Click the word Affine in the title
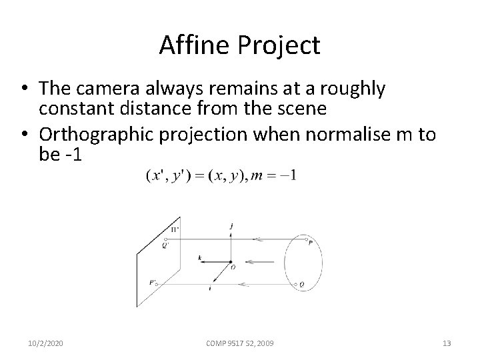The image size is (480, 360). click(189, 45)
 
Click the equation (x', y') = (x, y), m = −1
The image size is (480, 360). click(221, 176)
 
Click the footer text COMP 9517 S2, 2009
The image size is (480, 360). click(241, 343)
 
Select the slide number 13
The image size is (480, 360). click(447, 343)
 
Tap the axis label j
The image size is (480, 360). click(230, 227)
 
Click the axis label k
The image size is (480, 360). click(199, 257)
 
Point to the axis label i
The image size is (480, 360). click(211, 289)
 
